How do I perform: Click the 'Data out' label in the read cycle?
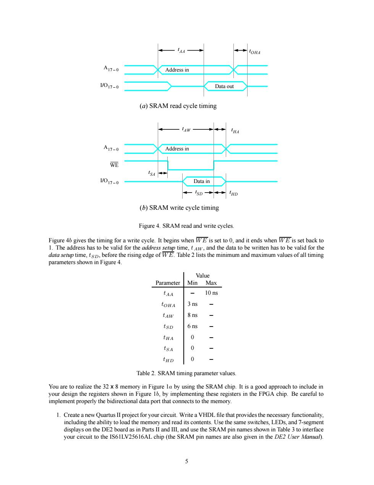(x=224, y=87)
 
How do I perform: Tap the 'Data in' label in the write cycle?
(x=202, y=181)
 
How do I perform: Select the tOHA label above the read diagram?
(x=254, y=52)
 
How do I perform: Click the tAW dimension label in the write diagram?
(x=186, y=129)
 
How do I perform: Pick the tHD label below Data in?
(x=233, y=193)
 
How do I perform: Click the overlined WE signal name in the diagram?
(x=114, y=165)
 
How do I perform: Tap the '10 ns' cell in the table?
(x=211, y=293)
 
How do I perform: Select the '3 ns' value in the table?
(x=192, y=304)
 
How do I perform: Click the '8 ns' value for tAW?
(x=192, y=315)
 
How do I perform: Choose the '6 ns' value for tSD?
(x=192, y=326)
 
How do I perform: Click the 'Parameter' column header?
(x=168, y=283)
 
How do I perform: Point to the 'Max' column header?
(x=211, y=283)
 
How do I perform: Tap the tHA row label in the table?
(x=168, y=338)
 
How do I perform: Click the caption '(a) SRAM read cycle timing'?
(x=178, y=106)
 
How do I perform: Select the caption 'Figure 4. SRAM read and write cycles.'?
(x=186, y=226)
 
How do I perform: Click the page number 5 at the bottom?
(x=187, y=461)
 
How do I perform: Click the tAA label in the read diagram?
(x=181, y=51)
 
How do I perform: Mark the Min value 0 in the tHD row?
(x=192, y=359)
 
